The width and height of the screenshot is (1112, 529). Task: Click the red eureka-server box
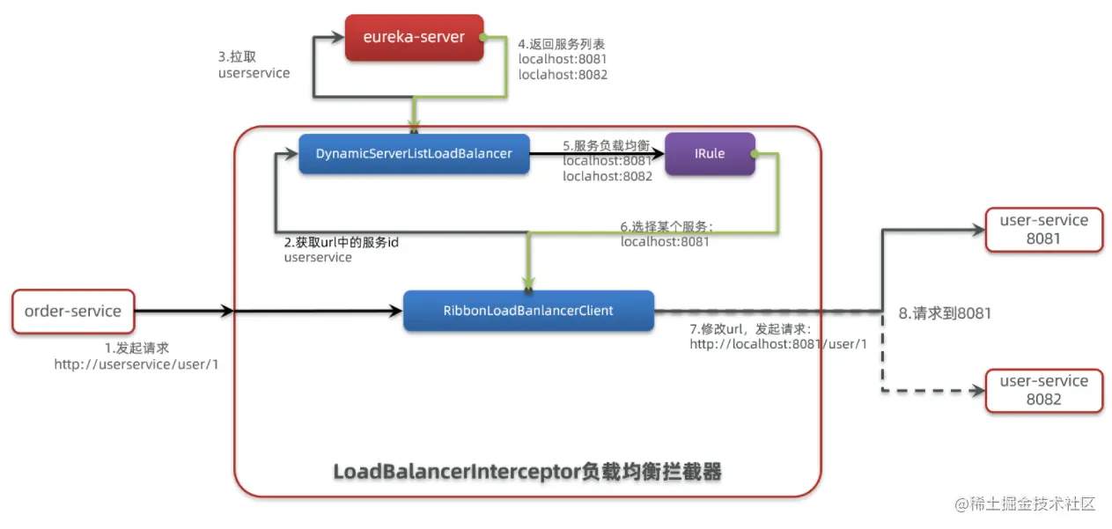[x=415, y=38]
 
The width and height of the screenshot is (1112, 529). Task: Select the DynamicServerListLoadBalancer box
[x=413, y=154]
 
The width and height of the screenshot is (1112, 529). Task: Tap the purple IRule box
[x=710, y=154]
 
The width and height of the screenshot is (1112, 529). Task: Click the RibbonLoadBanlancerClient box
[x=528, y=311]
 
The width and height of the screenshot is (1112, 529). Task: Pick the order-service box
[x=73, y=311]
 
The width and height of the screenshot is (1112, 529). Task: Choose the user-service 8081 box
[x=1043, y=229]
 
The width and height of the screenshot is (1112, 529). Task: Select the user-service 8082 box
[x=1043, y=390]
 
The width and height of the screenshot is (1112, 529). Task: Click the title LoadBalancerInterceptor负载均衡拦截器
[x=527, y=473]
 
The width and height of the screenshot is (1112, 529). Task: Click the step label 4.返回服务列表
[x=561, y=44]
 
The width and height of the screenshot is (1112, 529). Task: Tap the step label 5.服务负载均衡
[x=607, y=146]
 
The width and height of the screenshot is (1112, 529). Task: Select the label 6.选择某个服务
[x=666, y=226]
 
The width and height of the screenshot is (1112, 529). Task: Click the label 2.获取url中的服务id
[x=341, y=242]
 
